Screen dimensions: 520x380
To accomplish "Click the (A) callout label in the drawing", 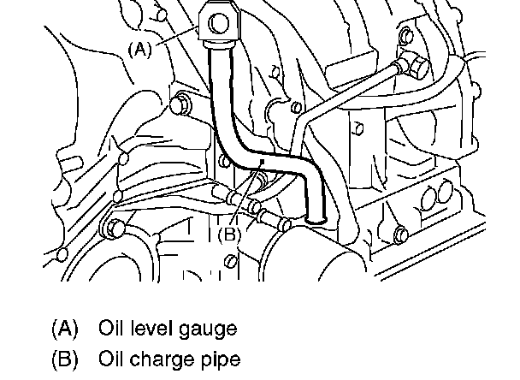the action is [x=139, y=50].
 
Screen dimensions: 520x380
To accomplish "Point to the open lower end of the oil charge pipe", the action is [x=317, y=222].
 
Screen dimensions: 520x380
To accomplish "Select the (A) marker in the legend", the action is [x=65, y=327].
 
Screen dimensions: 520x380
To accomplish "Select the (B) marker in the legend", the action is [x=65, y=358].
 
